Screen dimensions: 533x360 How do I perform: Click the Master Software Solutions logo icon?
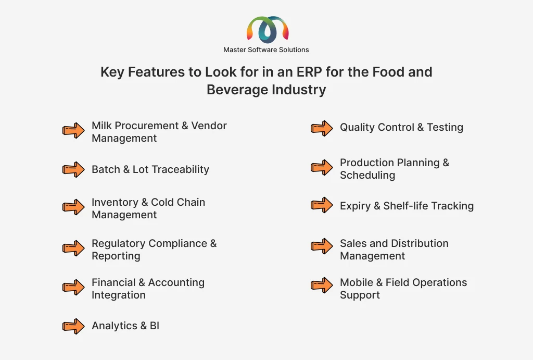coord(268,30)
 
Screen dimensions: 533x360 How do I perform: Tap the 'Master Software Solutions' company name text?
coord(266,49)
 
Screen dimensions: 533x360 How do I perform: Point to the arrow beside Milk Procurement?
coord(73,130)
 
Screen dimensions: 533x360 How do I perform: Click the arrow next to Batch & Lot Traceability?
coord(73,169)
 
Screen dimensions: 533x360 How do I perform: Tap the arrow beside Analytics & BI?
coord(73,326)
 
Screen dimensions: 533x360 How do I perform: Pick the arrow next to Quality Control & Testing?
coord(322,128)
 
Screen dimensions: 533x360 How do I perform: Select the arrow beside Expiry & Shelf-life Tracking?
coord(322,205)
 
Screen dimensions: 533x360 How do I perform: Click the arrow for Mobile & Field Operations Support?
coord(322,285)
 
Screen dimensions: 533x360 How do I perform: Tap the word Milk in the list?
coord(101,126)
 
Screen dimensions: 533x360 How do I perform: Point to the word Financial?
coord(113,282)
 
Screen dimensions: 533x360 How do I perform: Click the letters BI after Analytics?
coord(154,326)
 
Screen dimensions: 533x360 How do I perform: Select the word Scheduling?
coord(367,176)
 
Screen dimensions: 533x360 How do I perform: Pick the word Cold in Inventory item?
coord(162,202)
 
